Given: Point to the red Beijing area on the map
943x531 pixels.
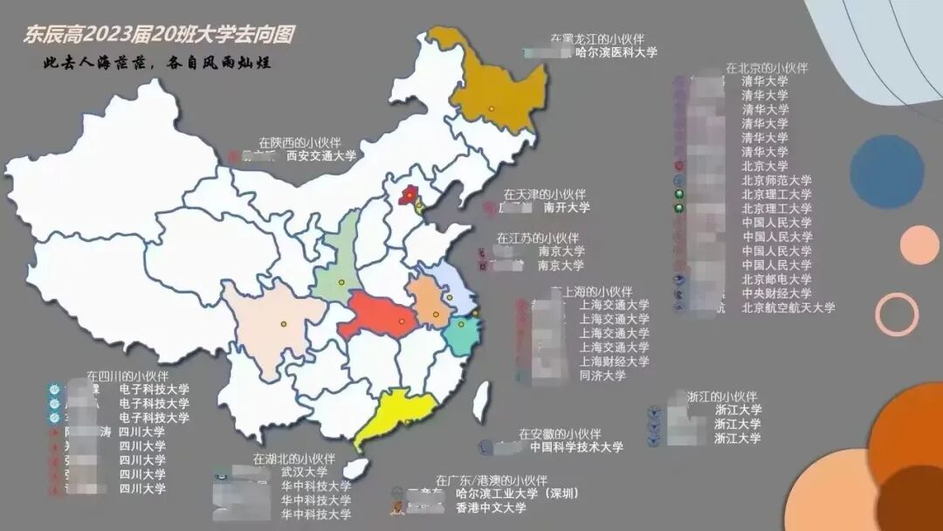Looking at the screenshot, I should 408,194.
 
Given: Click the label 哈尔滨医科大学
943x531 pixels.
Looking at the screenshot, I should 616,53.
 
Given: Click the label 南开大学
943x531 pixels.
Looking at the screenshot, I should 567,208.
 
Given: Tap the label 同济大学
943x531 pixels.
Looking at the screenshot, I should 602,376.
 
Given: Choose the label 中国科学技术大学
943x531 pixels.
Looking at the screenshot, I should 576,447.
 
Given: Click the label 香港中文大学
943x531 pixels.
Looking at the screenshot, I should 492,507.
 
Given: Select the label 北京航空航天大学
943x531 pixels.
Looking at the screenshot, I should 788,307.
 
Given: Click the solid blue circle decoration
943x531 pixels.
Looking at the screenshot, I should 886,172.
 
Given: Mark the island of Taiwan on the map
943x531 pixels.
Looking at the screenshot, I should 480,403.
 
